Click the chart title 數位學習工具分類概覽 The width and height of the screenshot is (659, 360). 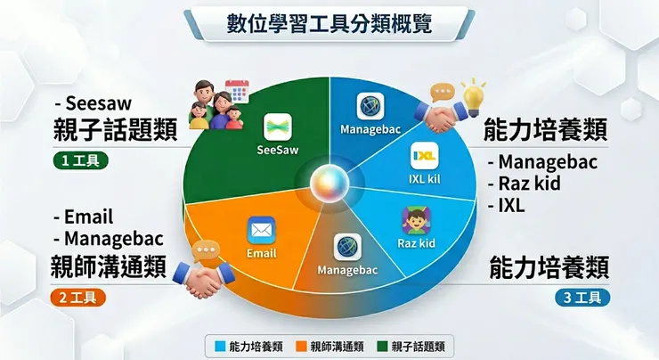[329, 24]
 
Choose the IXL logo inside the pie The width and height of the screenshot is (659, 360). [424, 157]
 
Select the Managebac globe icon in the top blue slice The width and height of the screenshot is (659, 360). [370, 106]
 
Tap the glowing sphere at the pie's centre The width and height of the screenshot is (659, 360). [329, 184]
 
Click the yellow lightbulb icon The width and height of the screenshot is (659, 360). [473, 92]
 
